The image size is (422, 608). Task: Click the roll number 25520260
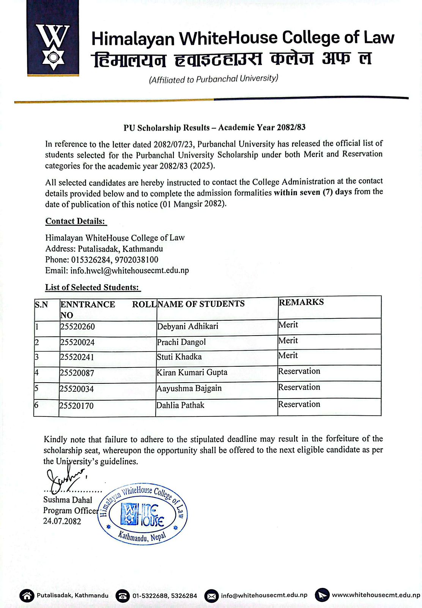[x=77, y=327]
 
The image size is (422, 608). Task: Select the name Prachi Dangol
[x=181, y=342]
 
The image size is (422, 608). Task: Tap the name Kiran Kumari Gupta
[x=192, y=372]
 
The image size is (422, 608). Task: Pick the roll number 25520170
[x=76, y=406]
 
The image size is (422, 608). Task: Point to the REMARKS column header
[x=301, y=302]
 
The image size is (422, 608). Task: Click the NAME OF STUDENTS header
[x=201, y=304]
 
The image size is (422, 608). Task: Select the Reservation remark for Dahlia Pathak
[x=299, y=404]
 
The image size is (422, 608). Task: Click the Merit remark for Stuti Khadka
[x=288, y=356]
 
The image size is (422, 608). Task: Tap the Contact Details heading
[x=76, y=221]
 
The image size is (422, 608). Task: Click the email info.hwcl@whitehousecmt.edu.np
[x=129, y=271]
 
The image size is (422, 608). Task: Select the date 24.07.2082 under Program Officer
[x=62, y=521]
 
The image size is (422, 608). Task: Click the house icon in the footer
[x=27, y=595]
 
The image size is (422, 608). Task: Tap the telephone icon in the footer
[x=123, y=596]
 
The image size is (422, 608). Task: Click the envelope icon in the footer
[x=212, y=595]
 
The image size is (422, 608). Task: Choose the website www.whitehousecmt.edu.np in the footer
[x=376, y=595]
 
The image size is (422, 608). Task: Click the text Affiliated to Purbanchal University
[x=213, y=79]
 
